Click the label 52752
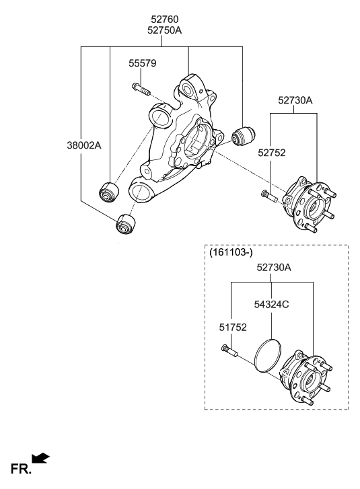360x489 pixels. coord(271,153)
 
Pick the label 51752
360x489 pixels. coord(231,328)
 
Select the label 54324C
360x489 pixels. coord(272,304)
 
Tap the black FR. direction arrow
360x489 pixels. coord(41,458)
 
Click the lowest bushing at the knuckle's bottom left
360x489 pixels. coord(125,222)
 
